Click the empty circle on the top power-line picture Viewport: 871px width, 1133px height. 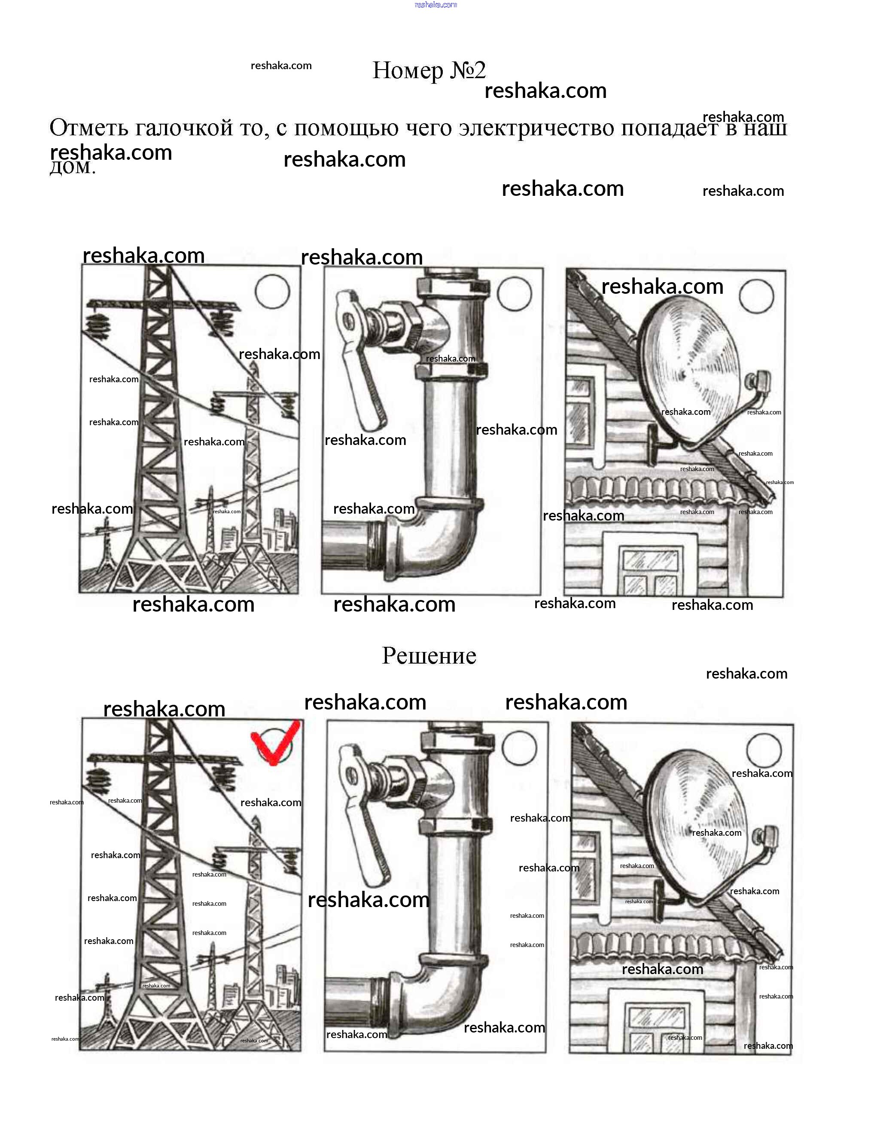[x=272, y=292]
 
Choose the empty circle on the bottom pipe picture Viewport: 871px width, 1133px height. [x=520, y=748]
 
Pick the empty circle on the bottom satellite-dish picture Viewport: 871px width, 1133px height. [x=764, y=750]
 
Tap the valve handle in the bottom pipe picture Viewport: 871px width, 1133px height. [x=365, y=830]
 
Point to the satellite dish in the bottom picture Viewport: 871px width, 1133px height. [x=697, y=825]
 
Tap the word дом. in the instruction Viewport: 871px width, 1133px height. [x=73, y=167]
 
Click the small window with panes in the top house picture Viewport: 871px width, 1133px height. [x=651, y=570]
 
